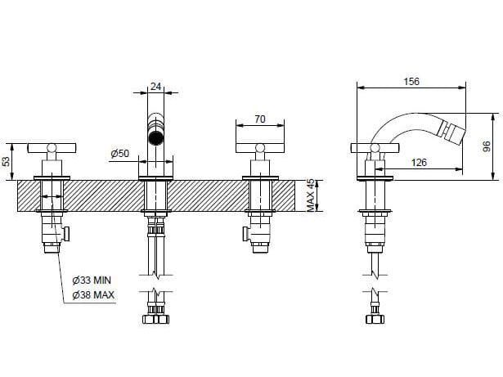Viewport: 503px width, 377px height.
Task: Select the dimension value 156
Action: pos(412,82)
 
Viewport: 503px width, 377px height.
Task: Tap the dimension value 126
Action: pos(419,162)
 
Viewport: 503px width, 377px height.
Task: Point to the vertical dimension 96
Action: pos(485,146)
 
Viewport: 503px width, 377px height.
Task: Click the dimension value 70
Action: pos(259,119)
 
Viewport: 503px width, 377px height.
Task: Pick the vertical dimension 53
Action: pos(8,161)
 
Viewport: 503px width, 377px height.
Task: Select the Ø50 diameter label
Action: pos(119,153)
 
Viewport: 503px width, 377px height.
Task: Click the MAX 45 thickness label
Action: pos(311,196)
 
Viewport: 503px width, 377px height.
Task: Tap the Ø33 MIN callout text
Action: pos(92,280)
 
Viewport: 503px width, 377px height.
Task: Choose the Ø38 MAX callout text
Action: pos(92,294)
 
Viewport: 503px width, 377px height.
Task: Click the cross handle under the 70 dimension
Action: pos(260,148)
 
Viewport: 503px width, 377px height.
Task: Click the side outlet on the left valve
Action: pos(69,235)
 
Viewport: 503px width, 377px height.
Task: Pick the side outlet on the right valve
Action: pos(245,236)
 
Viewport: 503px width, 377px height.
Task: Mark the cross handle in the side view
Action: pos(375,148)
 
